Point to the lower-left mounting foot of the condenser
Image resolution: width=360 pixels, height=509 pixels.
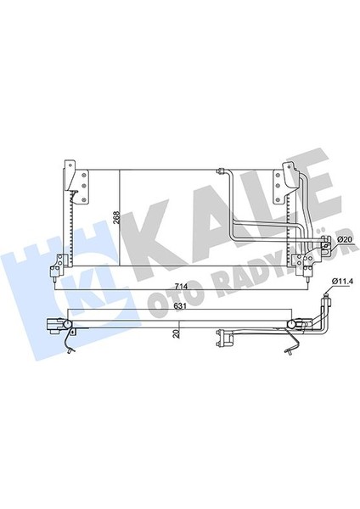tap(56, 270)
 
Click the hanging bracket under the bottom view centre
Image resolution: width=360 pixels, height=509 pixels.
tap(225, 338)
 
